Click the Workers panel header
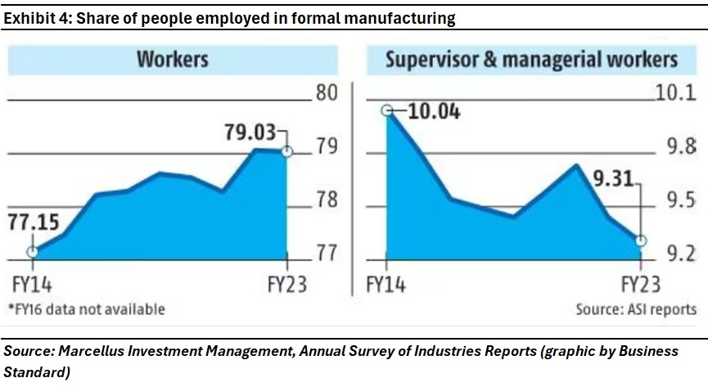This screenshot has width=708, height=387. [173, 60]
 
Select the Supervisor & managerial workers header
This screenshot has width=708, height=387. [531, 60]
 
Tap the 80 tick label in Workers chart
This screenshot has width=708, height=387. [327, 92]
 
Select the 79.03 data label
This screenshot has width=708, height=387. [251, 131]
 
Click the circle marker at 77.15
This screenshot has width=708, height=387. [32, 252]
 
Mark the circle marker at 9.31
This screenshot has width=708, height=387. [641, 241]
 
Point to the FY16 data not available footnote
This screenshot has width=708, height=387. [86, 308]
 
